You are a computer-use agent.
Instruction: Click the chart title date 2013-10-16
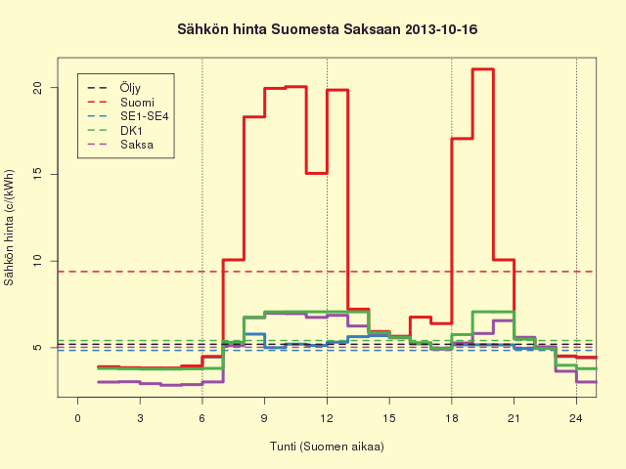click(441, 29)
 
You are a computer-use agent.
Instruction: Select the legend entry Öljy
click(130, 88)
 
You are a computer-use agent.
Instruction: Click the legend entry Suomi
click(137, 103)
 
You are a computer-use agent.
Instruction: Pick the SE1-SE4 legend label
click(145, 116)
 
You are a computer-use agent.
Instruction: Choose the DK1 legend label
click(131, 130)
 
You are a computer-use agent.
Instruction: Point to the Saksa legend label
click(137, 145)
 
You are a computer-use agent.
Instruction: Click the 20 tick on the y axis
click(38, 88)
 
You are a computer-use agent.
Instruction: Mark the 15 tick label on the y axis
click(38, 174)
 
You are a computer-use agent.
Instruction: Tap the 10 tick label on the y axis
click(38, 261)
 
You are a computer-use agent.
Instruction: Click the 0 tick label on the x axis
click(78, 418)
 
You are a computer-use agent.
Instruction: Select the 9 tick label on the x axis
click(264, 418)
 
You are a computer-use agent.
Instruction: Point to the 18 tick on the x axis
click(452, 418)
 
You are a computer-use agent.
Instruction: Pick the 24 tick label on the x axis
click(576, 418)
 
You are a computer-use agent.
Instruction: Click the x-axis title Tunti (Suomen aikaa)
click(327, 447)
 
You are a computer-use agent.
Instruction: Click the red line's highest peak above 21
click(483, 69)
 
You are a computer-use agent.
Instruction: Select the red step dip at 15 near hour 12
click(317, 173)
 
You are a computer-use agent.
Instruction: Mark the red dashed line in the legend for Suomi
click(98, 103)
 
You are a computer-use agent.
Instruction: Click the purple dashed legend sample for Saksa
click(98, 145)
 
